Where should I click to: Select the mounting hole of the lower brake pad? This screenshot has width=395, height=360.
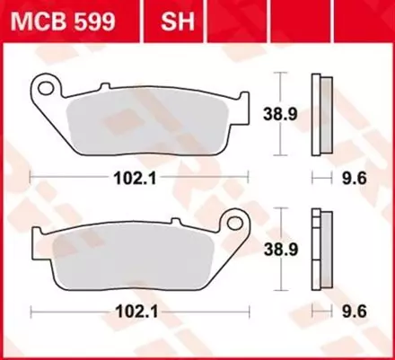(x=237, y=221)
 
